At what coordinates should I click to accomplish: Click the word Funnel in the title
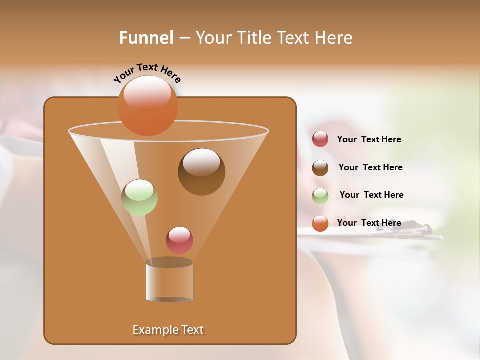pyautogui.click(x=146, y=37)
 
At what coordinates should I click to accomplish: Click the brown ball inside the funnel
pyautogui.click(x=201, y=172)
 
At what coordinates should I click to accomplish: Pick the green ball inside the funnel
pyautogui.click(x=140, y=197)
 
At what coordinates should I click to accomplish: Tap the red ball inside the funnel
pyautogui.click(x=180, y=240)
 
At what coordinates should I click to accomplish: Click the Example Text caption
pyautogui.click(x=168, y=330)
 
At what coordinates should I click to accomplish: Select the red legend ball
pyautogui.click(x=320, y=139)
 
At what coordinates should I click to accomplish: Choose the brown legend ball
pyautogui.click(x=320, y=168)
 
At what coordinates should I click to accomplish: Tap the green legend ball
pyautogui.click(x=320, y=196)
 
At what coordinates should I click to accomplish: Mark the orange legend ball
pyautogui.click(x=320, y=223)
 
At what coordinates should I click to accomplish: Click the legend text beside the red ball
pyautogui.click(x=369, y=139)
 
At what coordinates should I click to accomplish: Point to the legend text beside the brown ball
pyautogui.click(x=370, y=167)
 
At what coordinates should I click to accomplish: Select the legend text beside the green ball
pyautogui.click(x=371, y=195)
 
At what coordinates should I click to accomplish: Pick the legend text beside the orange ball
pyautogui.click(x=369, y=223)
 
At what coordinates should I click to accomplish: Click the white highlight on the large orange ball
pyautogui.click(x=147, y=92)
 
